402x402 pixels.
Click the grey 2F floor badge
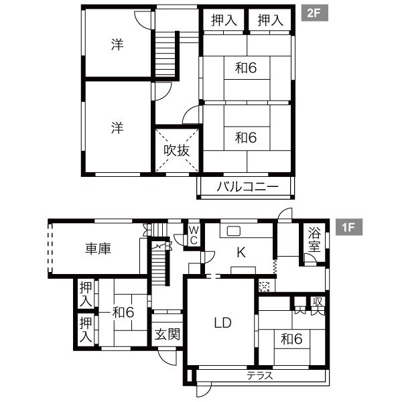pos(314,13)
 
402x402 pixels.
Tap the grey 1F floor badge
pos(348,227)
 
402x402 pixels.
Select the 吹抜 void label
pos(177,151)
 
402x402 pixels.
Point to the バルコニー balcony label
pos(247,187)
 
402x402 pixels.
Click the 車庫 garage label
pos(98,249)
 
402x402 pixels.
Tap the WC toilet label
pos(194,235)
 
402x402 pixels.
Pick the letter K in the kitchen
pos(241,253)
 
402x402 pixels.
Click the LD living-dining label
pos(223,323)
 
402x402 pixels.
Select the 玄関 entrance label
pos(167,334)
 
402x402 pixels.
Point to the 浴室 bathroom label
pos(314,240)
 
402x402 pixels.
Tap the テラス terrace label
pos(260,376)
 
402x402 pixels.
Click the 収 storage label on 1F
pos(318,301)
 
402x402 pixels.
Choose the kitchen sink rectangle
pos(234,231)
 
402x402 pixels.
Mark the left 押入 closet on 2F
pos(224,20)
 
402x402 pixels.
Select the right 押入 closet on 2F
pos(270,20)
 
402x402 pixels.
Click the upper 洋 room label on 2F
pos(117,44)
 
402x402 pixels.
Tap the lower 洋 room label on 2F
pos(117,128)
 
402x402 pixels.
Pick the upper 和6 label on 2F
pos(246,68)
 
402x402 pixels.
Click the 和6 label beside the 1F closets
pos(123,312)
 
